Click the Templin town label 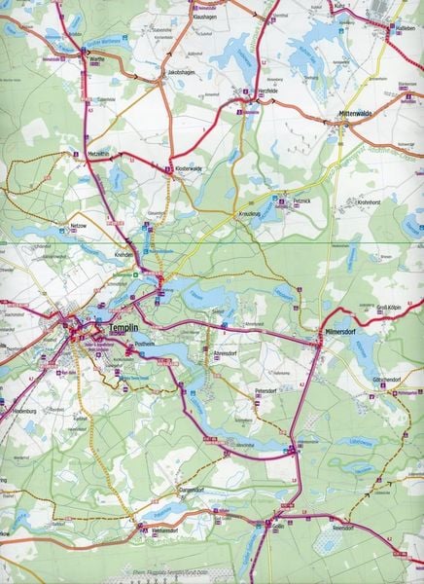127,329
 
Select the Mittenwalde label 356,114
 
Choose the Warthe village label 96,57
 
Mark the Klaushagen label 204,18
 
